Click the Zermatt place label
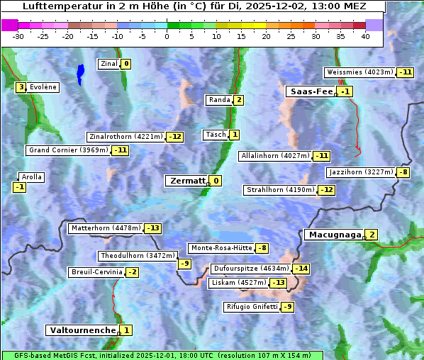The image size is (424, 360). (186, 181)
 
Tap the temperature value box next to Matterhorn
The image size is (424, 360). (152, 228)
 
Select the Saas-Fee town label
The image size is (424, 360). (311, 91)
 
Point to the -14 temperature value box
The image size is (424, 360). (301, 269)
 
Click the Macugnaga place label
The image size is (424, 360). (333, 235)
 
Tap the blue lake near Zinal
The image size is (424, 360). (80, 72)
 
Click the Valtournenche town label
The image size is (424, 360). (82, 330)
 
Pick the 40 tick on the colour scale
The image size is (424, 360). (365, 36)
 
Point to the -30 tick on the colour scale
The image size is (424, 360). (18, 36)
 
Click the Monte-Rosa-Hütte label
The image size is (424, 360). (221, 248)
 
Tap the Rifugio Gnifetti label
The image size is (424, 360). (252, 307)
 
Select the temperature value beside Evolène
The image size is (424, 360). (21, 87)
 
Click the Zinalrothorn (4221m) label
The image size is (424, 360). (125, 137)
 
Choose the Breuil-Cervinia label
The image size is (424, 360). (96, 272)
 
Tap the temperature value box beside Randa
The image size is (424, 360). (239, 100)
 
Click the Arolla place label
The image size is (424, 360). (32, 177)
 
